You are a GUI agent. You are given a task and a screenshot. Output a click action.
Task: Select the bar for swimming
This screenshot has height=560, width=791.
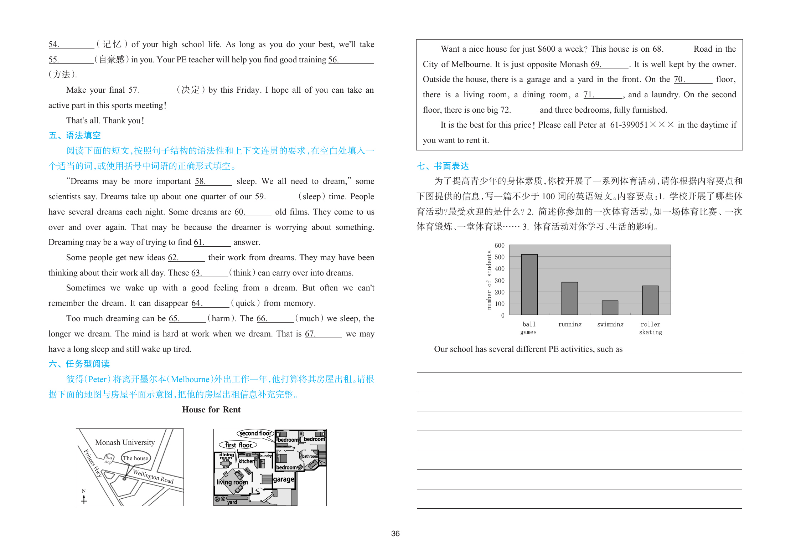[x=610, y=308]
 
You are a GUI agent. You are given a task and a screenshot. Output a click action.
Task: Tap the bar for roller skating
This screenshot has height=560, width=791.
[x=650, y=300]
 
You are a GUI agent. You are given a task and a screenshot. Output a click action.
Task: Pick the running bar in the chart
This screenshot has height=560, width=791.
[x=569, y=298]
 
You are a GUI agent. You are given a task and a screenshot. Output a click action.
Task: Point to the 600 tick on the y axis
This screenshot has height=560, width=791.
[x=500, y=246]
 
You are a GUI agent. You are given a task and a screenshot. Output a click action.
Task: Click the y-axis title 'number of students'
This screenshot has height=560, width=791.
[x=489, y=280]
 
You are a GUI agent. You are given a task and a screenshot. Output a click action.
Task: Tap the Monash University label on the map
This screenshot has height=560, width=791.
[x=125, y=442]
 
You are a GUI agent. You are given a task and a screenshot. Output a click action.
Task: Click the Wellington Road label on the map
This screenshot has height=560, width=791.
[x=153, y=476]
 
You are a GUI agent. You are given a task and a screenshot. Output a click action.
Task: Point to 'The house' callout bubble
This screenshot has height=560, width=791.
[x=135, y=458]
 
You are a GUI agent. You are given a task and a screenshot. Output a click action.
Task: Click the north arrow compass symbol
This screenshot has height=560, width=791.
[x=84, y=497]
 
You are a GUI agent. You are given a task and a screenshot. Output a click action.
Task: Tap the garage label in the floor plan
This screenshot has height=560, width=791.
[x=284, y=479]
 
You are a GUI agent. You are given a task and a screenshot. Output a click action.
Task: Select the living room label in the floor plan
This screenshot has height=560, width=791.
[x=232, y=482]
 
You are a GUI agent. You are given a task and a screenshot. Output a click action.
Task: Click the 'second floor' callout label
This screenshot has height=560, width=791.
[x=255, y=433]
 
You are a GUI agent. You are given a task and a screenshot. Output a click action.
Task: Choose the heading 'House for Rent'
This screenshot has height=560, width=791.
[x=211, y=410]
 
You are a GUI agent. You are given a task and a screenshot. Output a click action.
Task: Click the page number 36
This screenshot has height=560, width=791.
[x=395, y=534]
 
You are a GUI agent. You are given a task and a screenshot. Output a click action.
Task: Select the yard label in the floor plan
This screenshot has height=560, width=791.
[x=232, y=502]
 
